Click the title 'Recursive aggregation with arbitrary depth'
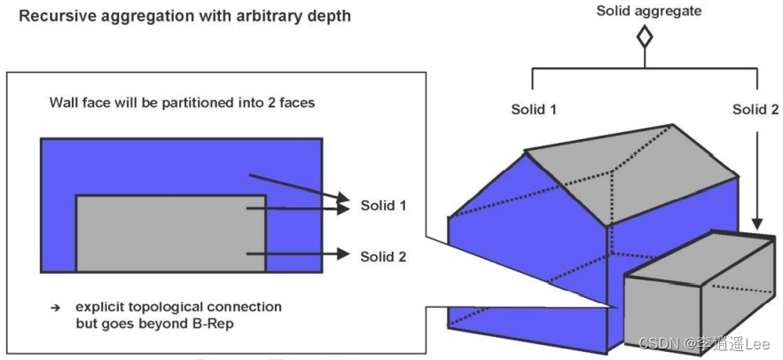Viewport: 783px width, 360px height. (x=184, y=17)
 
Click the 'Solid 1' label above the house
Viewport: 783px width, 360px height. (x=533, y=109)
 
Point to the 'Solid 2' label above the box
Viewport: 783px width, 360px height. (x=756, y=109)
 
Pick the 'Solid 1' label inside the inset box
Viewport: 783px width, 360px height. (x=382, y=206)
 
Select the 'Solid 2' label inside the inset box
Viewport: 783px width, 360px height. (x=382, y=256)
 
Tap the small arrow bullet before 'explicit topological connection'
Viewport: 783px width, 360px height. (x=56, y=308)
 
